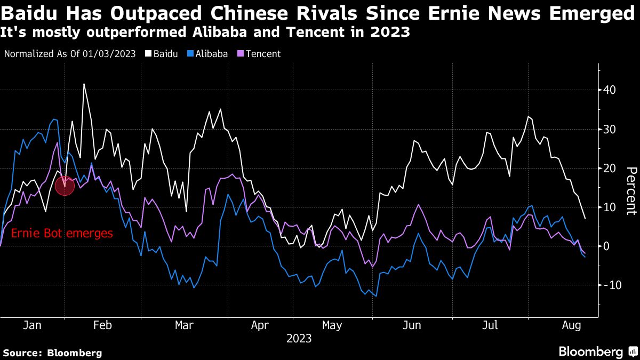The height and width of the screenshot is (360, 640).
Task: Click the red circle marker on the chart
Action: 64,185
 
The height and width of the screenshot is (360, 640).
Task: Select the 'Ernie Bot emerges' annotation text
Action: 62,233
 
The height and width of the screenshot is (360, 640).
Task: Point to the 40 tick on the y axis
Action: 610,90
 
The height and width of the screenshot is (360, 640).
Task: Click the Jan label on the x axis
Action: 33,325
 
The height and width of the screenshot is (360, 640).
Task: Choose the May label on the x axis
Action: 332,325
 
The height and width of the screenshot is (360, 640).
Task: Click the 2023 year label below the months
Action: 299,339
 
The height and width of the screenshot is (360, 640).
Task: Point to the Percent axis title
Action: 631,190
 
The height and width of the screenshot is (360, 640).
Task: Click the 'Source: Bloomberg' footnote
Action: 52,353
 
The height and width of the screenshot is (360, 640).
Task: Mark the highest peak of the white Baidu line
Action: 84,84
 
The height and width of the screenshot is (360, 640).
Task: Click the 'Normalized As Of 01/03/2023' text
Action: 69,54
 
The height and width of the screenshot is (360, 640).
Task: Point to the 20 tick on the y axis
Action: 610,168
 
